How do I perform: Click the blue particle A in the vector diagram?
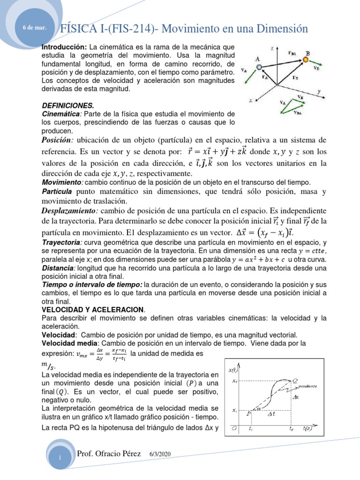click(259, 67)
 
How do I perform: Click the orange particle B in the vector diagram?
click(306, 60)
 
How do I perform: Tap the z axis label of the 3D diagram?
click(272, 47)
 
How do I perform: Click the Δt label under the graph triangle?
click(271, 414)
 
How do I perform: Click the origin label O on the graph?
click(233, 428)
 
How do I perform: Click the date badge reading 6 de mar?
click(35, 28)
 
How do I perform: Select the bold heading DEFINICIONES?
click(68, 106)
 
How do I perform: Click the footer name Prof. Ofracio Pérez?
click(111, 454)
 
